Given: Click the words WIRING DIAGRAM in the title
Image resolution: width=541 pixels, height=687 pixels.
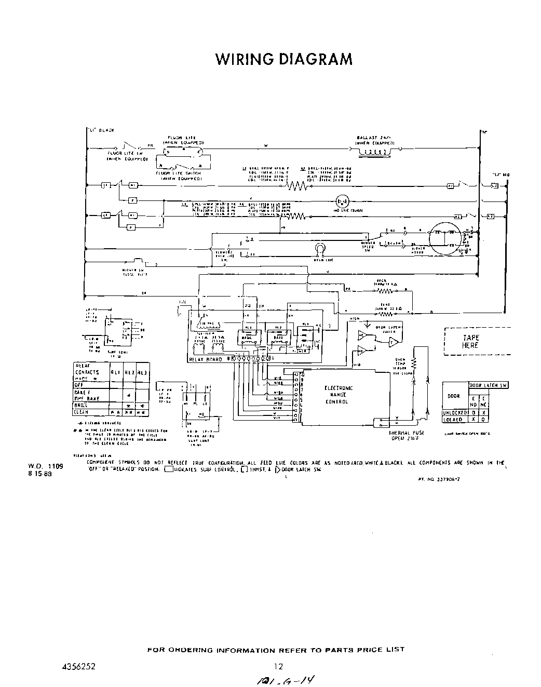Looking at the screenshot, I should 283,59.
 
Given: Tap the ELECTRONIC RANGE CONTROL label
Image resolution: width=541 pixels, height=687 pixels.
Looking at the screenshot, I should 339,395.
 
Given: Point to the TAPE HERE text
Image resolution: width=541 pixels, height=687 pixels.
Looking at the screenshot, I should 470,341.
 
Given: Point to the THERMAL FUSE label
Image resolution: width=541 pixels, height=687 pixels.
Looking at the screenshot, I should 405,435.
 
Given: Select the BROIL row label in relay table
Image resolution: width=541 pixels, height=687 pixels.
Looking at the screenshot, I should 82,405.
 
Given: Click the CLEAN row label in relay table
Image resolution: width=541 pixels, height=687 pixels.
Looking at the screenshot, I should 82,412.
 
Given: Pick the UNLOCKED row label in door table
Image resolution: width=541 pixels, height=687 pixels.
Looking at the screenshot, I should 455,412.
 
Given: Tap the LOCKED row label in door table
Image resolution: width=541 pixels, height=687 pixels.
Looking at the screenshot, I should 453,419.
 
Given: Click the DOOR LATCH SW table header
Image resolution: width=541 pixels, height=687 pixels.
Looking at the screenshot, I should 488,385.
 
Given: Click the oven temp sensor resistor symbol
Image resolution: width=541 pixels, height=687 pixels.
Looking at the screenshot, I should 414,361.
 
